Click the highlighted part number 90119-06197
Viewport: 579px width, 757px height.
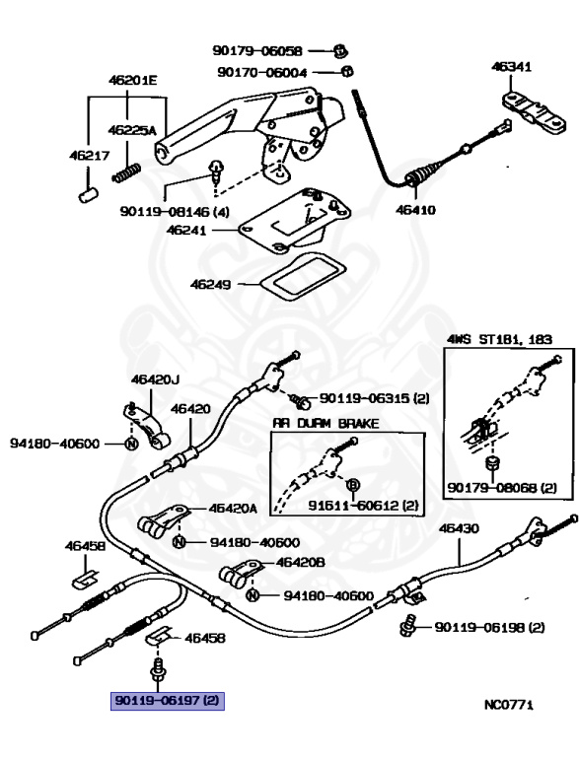169,702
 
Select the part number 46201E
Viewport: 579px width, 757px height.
132,81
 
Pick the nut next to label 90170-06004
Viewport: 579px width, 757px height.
347,71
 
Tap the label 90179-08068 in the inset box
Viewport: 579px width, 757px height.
501,487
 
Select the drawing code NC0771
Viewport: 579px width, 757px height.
508,705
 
